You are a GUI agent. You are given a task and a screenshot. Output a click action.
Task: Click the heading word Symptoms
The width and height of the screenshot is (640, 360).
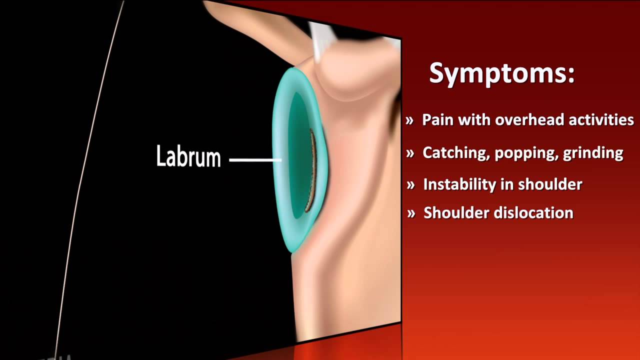tap(501, 73)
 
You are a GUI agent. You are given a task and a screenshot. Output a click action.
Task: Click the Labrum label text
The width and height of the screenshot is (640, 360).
tap(188, 156)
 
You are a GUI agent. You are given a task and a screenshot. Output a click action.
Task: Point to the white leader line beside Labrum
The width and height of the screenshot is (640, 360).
tap(255, 160)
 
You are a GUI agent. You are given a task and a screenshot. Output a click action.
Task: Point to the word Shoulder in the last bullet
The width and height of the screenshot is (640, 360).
tap(456, 213)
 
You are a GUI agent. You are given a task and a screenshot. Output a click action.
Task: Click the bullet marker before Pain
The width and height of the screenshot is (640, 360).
tap(410, 120)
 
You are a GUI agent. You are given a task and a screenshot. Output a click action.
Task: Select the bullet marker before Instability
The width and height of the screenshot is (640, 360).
tap(410, 185)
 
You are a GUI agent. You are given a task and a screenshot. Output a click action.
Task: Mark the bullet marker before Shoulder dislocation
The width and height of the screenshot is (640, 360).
tap(411, 213)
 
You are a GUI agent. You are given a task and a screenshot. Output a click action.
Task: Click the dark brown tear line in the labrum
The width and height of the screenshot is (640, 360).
tap(312, 170)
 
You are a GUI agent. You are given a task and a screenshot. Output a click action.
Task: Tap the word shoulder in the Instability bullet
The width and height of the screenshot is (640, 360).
tap(550, 184)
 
